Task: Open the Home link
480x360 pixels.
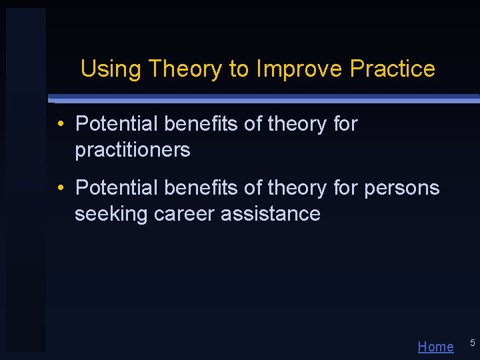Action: (x=435, y=347)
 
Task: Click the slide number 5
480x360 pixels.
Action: (x=472, y=343)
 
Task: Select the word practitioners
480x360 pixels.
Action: (x=133, y=151)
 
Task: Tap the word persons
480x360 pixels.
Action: (x=402, y=189)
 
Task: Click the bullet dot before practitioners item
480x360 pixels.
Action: (x=60, y=125)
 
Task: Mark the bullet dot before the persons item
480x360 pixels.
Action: (x=60, y=189)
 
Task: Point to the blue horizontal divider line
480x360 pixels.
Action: (x=267, y=99)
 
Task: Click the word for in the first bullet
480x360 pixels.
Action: (x=345, y=125)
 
